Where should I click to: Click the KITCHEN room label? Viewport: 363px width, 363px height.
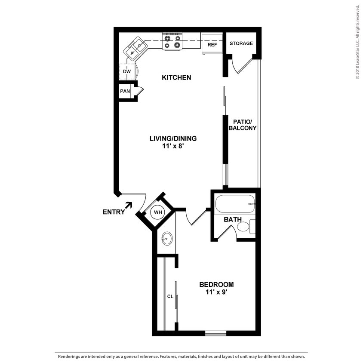tap(176, 77)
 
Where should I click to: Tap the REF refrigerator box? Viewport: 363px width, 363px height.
tap(212, 44)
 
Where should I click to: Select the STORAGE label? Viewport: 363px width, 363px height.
tap(241, 43)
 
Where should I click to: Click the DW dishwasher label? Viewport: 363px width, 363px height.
tap(127, 71)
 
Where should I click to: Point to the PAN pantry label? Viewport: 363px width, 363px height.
tap(125, 91)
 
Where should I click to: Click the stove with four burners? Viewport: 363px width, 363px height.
tap(173, 41)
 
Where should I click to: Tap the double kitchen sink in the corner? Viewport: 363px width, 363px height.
tap(135, 49)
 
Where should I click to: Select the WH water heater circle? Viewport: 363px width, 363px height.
tap(158, 212)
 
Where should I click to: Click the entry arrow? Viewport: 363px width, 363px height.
tap(129, 205)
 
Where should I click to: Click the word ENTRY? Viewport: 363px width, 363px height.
tap(114, 212)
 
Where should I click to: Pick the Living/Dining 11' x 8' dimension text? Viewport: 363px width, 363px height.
tap(173, 146)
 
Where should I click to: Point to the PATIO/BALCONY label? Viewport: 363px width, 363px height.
tap(243, 125)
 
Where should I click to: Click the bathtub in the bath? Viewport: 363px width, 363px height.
tap(235, 204)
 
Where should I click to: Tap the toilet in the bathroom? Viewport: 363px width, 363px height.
tap(246, 227)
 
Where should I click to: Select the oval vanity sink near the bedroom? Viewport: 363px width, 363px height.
tap(167, 238)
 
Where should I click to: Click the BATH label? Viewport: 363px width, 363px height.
tap(233, 219)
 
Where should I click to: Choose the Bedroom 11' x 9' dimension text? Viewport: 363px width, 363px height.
tap(216, 292)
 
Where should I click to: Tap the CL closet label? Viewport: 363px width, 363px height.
tap(170, 297)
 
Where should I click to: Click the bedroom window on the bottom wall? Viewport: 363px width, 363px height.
tap(215, 333)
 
